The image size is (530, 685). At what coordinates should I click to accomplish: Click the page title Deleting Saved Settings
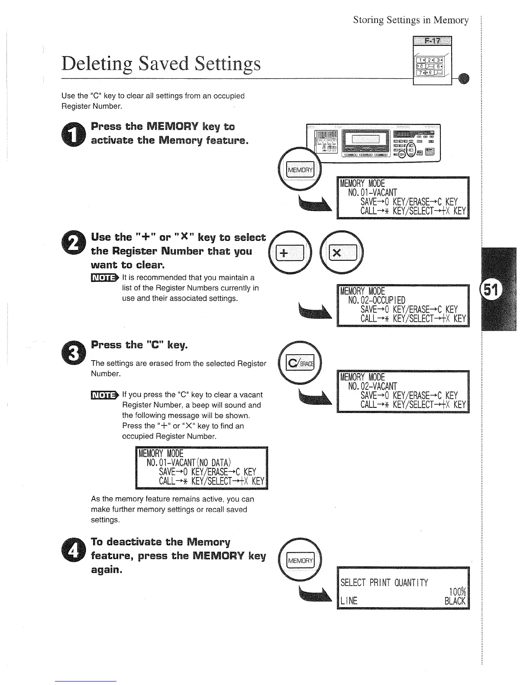(x=162, y=64)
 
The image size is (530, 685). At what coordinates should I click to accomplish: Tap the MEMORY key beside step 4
(x=301, y=561)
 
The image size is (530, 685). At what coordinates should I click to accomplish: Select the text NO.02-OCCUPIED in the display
(x=377, y=300)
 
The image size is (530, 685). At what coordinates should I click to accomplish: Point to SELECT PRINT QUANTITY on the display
(x=384, y=583)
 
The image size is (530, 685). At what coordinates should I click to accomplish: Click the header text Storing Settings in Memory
(x=410, y=20)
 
